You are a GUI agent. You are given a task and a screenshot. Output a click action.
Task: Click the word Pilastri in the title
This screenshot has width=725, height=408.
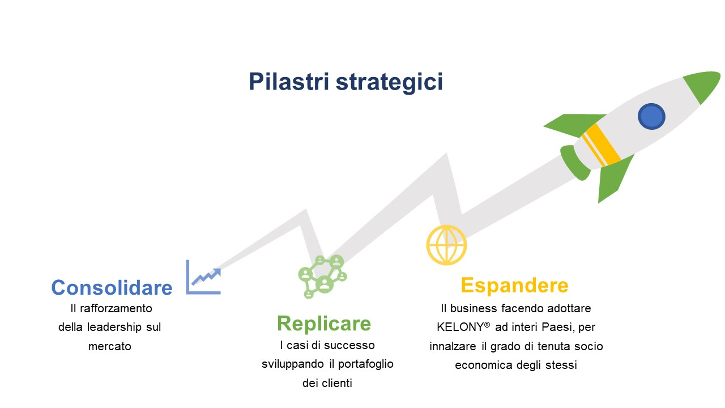[289, 81]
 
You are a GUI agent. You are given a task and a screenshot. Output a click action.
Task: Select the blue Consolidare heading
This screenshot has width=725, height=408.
[112, 287]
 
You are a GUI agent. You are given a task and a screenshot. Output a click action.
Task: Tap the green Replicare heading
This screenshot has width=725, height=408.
[324, 324]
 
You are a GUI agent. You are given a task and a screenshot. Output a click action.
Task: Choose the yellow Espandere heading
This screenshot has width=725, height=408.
[515, 286]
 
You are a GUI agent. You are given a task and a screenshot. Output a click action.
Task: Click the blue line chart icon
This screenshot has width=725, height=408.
[203, 277]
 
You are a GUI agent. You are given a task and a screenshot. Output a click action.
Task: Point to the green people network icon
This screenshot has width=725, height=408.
[322, 277]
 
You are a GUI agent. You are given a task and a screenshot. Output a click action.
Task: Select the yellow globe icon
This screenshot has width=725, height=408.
[446, 245]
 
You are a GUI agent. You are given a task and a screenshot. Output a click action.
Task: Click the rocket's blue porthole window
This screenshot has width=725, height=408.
[651, 116]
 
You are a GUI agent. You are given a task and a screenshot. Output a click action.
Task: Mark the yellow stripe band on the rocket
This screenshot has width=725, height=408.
[602, 145]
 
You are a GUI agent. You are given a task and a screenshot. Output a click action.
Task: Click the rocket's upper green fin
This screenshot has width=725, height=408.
[574, 125]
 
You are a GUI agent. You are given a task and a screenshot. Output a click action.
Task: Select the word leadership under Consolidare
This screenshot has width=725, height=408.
[114, 328]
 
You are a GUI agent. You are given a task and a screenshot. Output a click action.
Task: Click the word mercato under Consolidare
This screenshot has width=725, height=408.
[110, 346]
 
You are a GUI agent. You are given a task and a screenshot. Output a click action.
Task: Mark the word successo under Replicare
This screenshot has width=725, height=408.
[349, 346]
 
